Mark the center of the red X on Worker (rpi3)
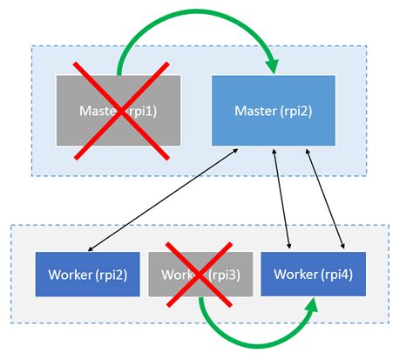click(x=201, y=274)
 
